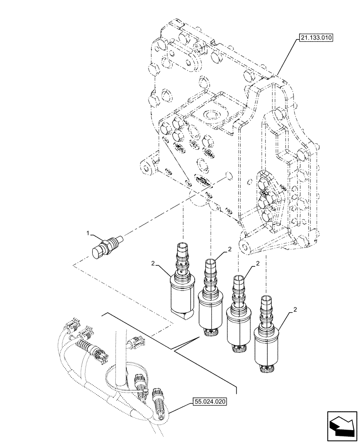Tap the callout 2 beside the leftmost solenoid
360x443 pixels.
pos(153,264)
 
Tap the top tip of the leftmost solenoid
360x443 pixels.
pos(183,245)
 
